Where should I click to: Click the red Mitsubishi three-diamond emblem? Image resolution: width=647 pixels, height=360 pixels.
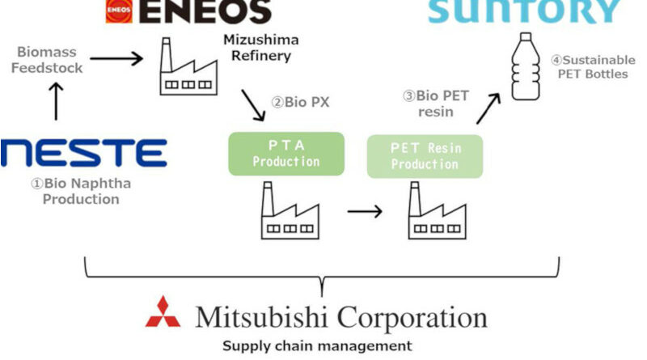[163, 312]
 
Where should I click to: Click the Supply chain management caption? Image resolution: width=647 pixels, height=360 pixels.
[317, 345]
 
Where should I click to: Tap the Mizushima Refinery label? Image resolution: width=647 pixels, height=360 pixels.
[255, 48]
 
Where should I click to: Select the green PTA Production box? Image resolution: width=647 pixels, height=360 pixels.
[286, 154]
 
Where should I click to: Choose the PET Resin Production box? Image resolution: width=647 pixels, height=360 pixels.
[425, 156]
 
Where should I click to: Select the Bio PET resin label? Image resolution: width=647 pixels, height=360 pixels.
[430, 104]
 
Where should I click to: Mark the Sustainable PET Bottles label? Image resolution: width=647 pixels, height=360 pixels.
[589, 67]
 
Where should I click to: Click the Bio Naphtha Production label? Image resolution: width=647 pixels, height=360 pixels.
[81, 191]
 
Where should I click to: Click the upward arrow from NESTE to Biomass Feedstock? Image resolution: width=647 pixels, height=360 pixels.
[56, 102]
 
